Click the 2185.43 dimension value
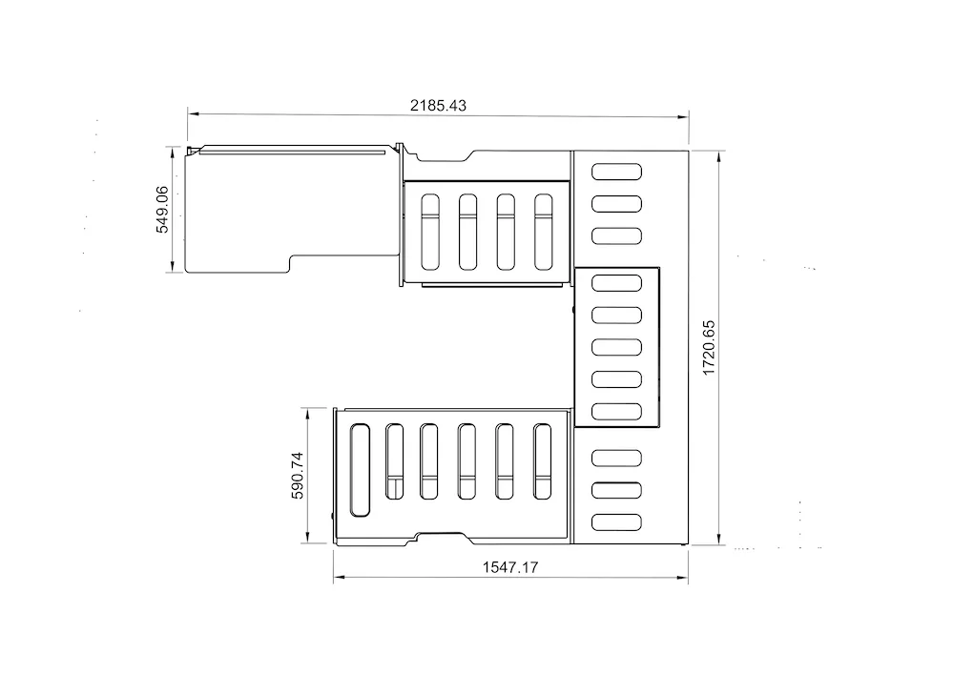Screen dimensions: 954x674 click(438, 105)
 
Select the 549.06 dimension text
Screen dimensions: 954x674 click(162, 210)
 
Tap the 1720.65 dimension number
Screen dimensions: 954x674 click(709, 348)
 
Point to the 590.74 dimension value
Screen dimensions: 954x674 click(297, 476)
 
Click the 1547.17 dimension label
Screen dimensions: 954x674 click(510, 567)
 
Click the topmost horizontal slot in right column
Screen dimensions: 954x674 click(616, 172)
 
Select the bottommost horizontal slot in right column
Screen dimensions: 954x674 click(616, 522)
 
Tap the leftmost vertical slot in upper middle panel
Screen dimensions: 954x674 click(430, 233)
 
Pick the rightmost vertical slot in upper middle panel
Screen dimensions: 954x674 click(544, 233)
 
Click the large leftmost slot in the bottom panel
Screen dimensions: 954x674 click(360, 470)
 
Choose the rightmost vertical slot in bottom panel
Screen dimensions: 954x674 click(542, 462)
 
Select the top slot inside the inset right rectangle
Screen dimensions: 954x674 click(616, 283)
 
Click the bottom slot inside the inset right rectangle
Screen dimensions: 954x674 click(616, 412)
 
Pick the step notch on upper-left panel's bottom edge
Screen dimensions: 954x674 click(291, 263)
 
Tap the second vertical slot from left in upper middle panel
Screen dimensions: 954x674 click(467, 233)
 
